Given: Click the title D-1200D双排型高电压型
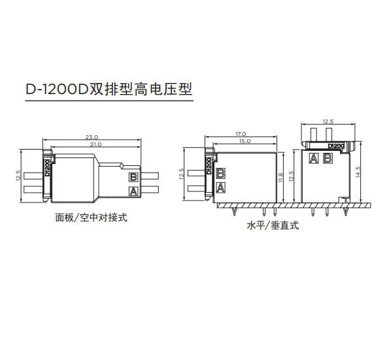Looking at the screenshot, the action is coord(109,89).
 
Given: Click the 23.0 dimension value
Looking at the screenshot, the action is coord(92,137).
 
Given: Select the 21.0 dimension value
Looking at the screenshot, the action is coord(95,144).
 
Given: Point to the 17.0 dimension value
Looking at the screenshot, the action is coord(241,134).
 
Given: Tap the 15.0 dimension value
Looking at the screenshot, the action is coord(245,141).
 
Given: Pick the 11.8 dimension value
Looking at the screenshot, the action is coord(280,178).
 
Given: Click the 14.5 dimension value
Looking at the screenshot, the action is coord(358,172).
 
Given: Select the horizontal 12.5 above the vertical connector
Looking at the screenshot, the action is coord(328,122).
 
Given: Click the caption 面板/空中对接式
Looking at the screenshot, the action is coord(91,218).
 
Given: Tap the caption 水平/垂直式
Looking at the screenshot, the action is coord(273,225).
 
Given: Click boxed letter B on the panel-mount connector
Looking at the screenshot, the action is coord(133,177).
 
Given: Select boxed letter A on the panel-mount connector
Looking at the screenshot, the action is coord(133,191).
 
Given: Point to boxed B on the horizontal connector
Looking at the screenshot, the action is coord(220,173).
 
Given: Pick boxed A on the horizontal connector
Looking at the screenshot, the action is coord(220,188).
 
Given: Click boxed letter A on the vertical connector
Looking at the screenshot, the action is coord(314,158).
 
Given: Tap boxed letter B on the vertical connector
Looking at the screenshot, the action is coord(328,158).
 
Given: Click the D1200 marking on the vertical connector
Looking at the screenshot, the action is coord(336,146).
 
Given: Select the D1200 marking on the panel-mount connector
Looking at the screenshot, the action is coord(47,168).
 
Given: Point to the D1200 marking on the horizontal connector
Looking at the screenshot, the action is coord(209,166).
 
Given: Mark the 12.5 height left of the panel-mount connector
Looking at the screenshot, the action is coord(18,176).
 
